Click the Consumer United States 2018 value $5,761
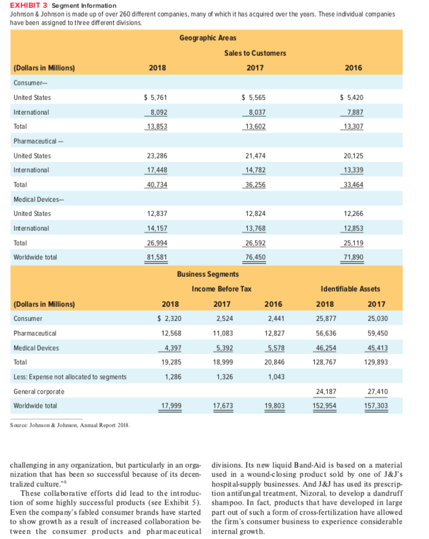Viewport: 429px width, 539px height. [155, 97]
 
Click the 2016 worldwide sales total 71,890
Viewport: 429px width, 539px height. [352, 256]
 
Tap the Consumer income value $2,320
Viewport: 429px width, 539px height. [170, 319]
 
